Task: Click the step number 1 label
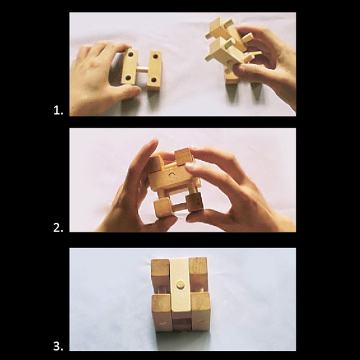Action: coord(58,111)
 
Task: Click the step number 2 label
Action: coord(58,227)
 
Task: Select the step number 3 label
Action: coord(58,346)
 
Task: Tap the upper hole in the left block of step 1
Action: coord(131,55)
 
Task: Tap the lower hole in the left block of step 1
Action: coord(128,78)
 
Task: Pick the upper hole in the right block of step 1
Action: coord(155,56)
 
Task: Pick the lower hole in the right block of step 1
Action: coord(154,80)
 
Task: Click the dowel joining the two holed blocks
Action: coord(142,68)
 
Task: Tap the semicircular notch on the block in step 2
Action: coord(171,175)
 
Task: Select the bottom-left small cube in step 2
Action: coord(163,207)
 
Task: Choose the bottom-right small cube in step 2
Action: coord(195,202)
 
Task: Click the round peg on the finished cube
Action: coord(180,285)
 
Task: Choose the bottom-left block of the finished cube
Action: coord(161,313)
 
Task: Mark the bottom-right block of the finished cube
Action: coord(201,311)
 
